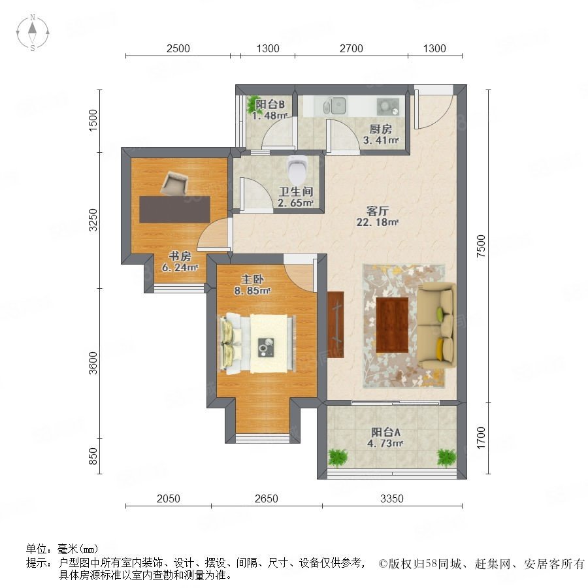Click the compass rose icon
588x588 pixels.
(33, 32)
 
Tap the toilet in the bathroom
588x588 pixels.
(297, 169)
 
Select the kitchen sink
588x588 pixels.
(335, 106)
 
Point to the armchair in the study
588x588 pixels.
(174, 184)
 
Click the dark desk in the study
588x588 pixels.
(174, 210)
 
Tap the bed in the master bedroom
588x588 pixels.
(257, 344)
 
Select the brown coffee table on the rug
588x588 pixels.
(392, 325)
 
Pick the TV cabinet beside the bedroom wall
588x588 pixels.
(335, 325)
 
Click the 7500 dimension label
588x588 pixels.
(481, 246)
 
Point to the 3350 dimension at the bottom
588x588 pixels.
(392, 498)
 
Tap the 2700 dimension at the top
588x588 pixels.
(351, 48)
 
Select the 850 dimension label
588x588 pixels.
(93, 457)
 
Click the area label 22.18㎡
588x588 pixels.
(377, 222)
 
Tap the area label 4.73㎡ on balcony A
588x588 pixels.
(385, 444)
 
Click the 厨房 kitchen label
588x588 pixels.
(381, 129)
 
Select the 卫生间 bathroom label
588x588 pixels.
(296, 191)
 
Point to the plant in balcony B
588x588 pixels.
(252, 105)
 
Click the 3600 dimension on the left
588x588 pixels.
(93, 363)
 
